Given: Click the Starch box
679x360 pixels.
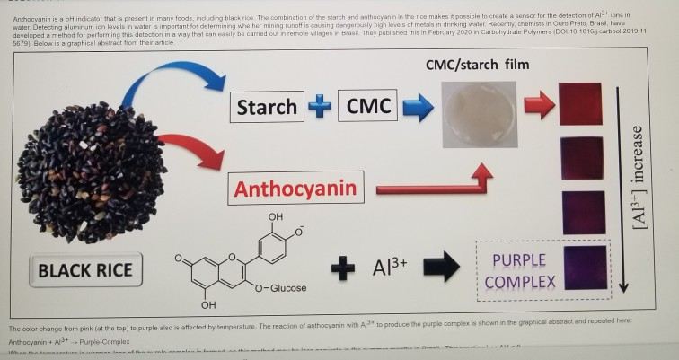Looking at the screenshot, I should tap(267, 107).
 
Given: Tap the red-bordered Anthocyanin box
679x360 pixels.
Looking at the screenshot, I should tap(295, 189).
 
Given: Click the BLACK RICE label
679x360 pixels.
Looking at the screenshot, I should tap(86, 269).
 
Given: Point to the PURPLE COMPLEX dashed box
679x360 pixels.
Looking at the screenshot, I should tap(518, 269).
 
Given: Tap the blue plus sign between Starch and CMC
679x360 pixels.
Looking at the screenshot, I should tap(318, 107).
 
